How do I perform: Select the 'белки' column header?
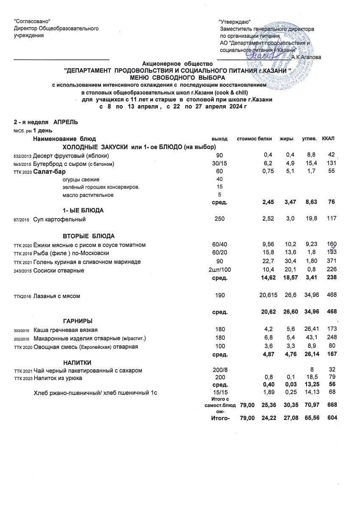click(x=265, y=139)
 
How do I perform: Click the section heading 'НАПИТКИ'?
click(x=77, y=362)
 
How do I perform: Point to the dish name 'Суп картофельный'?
click(x=60, y=219)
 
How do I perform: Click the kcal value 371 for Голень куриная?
click(x=331, y=262)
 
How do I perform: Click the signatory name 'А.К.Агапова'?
click(x=307, y=57)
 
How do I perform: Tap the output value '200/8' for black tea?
click(x=219, y=371)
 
